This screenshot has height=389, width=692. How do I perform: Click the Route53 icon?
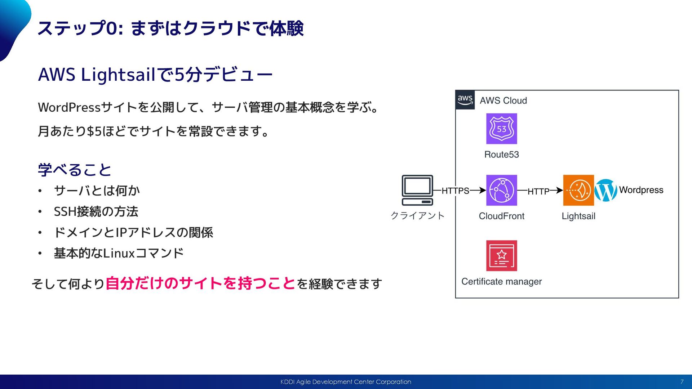coord(501,129)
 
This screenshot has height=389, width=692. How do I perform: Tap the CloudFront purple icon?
coord(501,190)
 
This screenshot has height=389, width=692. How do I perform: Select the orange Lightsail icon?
coord(578,190)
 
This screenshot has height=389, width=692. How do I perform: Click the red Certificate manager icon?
coord(501,255)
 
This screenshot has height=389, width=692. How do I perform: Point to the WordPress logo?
coord(605,190)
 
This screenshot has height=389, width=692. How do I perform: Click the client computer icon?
coord(417,190)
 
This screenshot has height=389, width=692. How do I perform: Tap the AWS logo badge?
coord(465,100)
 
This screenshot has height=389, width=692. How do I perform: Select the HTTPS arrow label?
coord(455,191)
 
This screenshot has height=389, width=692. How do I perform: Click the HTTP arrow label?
coord(538,191)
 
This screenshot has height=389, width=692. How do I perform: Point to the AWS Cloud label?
coord(503,100)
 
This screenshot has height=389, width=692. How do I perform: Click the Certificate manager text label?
coord(501,281)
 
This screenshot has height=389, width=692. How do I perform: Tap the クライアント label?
coord(417,215)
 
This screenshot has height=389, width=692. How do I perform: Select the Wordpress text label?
coord(641,190)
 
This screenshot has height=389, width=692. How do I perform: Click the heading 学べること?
coord(75,170)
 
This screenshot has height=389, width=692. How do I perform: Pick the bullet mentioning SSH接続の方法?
coord(96,211)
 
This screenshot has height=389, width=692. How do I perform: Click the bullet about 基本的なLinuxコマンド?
coord(119,253)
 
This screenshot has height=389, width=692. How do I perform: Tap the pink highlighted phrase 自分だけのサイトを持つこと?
coord(200,283)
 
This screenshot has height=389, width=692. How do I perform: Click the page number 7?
coord(682,382)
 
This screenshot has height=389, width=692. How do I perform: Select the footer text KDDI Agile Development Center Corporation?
coord(346,382)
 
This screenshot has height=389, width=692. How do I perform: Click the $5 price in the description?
coord(94,131)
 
